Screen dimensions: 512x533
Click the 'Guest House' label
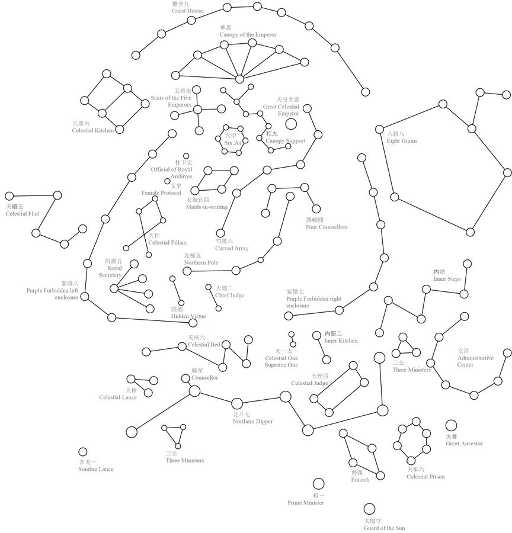coord(187,11)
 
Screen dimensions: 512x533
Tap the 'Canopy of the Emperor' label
coord(248,35)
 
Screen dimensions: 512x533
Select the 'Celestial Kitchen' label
coord(92,130)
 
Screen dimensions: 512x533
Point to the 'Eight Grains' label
coord(402,141)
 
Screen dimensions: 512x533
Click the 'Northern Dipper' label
coord(252,422)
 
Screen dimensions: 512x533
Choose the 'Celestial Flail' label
coord(23,214)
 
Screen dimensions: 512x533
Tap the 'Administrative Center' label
coord(475,361)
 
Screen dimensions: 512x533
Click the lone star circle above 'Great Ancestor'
coord(451,425)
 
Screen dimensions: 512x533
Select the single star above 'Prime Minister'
coord(318,484)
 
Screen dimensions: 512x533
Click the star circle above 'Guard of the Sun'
coord(369,509)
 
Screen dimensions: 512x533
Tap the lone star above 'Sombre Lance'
coord(83,452)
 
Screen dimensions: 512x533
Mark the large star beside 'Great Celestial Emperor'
coord(290,124)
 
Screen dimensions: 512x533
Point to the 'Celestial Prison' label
coord(425,477)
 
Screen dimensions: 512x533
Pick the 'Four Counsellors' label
coord(327,227)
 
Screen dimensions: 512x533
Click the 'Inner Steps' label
coord(447,279)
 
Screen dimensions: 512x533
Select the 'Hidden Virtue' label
coord(188,316)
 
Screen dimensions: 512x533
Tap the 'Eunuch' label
coord(360,480)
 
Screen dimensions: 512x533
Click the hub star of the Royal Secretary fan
coord(114,288)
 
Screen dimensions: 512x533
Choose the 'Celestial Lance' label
coord(118,397)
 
